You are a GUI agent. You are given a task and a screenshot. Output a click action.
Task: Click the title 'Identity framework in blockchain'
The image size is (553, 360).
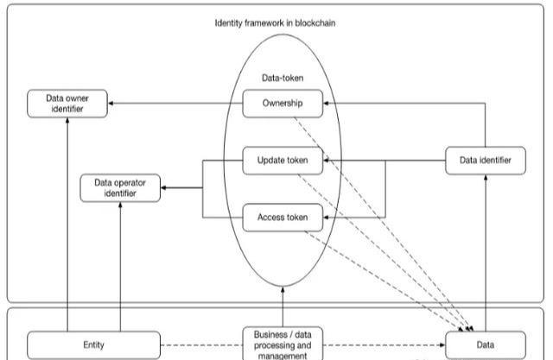(275, 22)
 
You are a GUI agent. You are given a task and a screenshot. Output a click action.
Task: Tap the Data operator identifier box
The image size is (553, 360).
(120, 188)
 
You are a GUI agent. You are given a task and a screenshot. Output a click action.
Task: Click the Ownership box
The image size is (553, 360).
(283, 104)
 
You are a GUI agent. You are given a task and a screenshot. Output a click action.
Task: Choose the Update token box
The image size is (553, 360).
(283, 160)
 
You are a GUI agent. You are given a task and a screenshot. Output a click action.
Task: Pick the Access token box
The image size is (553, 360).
(283, 217)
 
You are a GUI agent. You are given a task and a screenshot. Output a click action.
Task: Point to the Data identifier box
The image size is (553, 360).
(485, 160)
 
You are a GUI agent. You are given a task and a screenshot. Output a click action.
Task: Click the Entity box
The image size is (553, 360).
(93, 345)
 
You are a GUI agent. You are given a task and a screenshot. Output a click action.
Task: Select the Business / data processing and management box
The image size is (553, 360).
(283, 344)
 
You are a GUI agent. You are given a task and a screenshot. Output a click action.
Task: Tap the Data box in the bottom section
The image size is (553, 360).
(485, 345)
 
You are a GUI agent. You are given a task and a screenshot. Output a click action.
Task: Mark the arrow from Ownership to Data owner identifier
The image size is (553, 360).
(173, 104)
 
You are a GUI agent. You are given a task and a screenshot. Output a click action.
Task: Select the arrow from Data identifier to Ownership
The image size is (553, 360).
(389, 104)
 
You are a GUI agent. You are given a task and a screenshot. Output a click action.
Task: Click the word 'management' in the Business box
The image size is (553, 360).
(283, 355)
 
